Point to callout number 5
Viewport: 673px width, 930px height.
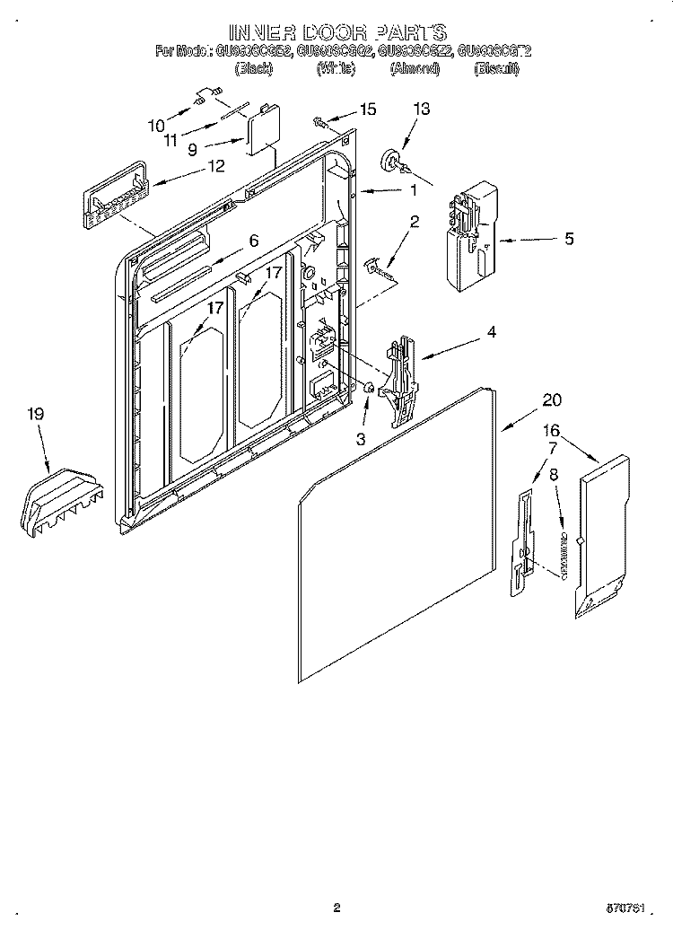(x=569, y=240)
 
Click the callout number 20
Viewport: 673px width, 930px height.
(x=552, y=400)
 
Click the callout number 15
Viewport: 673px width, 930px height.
(x=368, y=110)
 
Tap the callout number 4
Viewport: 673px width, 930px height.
(x=491, y=332)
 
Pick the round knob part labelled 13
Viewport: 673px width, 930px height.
(x=393, y=160)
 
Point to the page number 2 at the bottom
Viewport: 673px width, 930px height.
(x=336, y=908)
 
